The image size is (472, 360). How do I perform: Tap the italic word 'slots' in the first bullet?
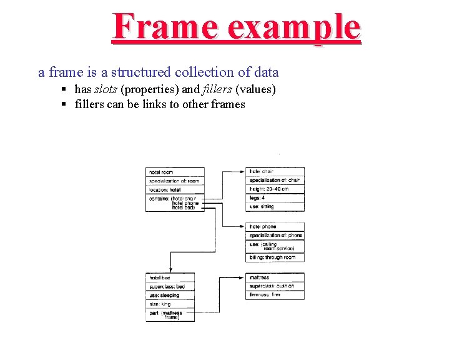(x=105, y=89)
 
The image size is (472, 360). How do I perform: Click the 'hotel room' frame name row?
(x=175, y=172)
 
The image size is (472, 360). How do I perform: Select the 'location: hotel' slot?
(x=175, y=189)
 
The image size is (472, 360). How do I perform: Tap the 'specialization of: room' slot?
(x=175, y=181)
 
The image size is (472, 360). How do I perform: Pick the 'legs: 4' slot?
(x=275, y=197)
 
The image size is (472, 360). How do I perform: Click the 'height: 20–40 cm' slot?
(x=275, y=189)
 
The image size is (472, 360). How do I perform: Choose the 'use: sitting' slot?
(x=275, y=206)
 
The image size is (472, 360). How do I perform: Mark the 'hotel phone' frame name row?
(x=275, y=226)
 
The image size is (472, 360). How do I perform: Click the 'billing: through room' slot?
(x=275, y=257)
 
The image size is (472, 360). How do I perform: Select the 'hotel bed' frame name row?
(x=170, y=277)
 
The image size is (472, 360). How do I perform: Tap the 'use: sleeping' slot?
(x=170, y=295)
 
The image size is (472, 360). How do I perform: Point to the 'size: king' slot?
(x=170, y=304)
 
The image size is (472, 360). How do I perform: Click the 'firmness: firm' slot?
(x=275, y=295)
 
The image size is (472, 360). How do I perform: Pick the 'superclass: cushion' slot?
(x=275, y=286)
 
